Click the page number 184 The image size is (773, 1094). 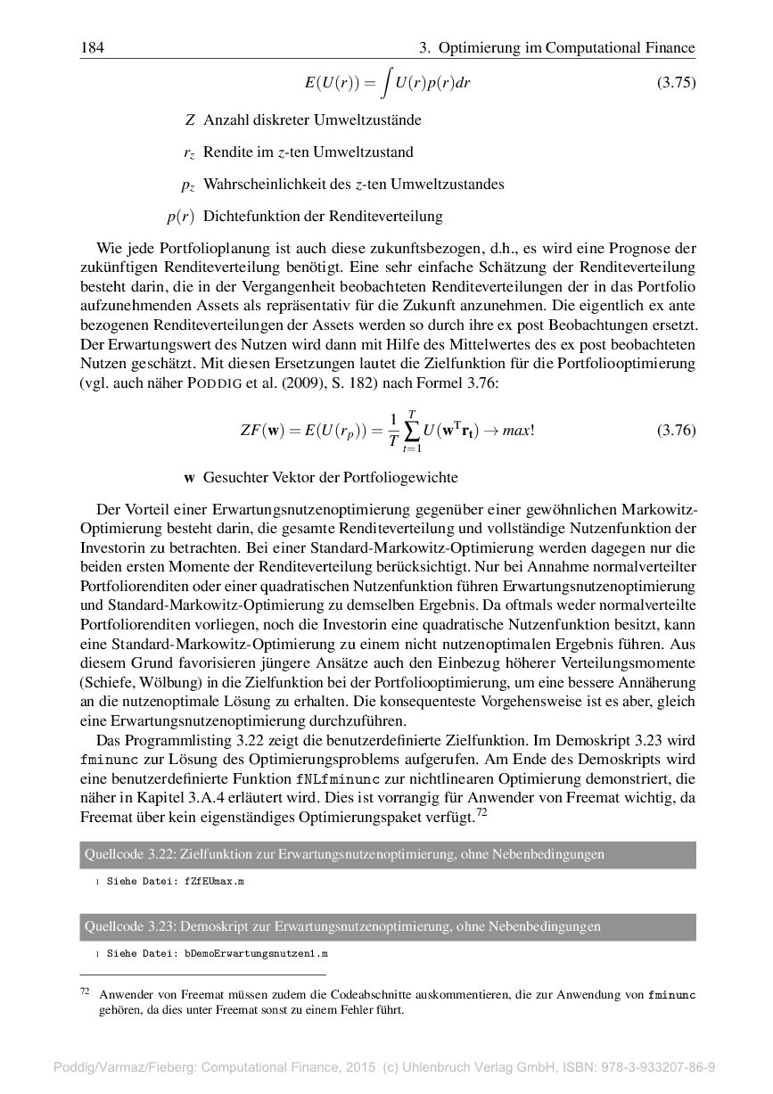click(x=92, y=47)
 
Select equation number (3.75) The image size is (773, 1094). click(x=676, y=83)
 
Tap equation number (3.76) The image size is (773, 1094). click(x=676, y=431)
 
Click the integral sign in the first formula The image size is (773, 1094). click(x=385, y=83)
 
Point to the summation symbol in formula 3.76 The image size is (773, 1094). click(x=411, y=432)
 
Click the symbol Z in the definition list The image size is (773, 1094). click(x=190, y=119)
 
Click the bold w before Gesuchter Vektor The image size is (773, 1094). click(x=189, y=478)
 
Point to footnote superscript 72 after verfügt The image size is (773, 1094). click(x=481, y=813)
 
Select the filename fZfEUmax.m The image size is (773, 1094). click(x=214, y=881)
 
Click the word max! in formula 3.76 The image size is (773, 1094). click(x=517, y=432)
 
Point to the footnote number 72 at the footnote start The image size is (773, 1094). click(x=86, y=991)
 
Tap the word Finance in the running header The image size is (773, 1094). click(x=665, y=47)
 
